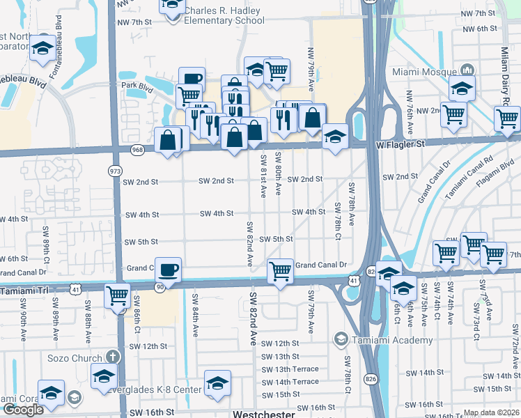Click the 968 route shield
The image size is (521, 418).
[137, 150]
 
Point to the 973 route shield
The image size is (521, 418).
[115, 171]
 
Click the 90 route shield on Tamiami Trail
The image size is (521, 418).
[159, 287]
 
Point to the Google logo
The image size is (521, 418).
[23, 410]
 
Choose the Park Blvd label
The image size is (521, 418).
[137, 86]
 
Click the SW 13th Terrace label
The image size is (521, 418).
[289, 369]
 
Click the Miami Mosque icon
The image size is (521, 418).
[467, 70]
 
